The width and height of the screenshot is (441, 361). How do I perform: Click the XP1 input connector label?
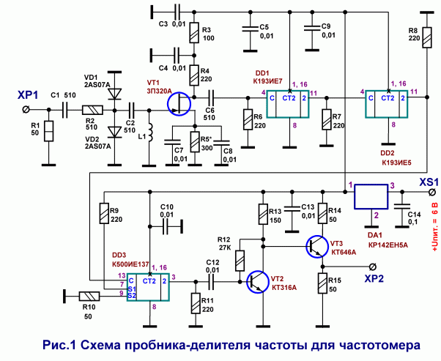click(x=28, y=96)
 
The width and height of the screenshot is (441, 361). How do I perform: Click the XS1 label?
click(x=429, y=182)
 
